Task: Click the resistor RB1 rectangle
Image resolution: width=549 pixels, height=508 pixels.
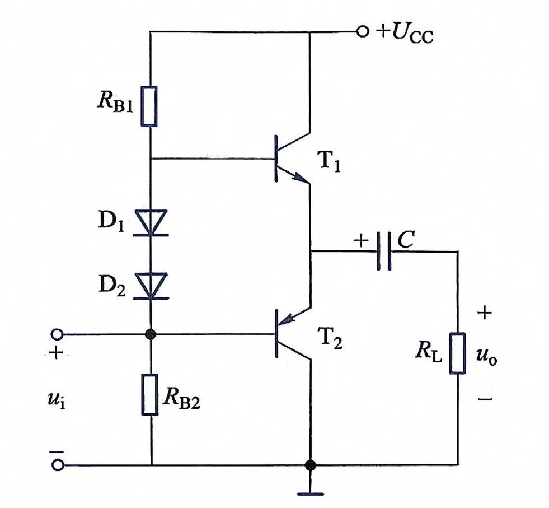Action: [149, 106]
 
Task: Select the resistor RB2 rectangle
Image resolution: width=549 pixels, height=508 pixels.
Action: [150, 395]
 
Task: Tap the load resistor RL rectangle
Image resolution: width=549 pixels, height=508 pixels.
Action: [458, 353]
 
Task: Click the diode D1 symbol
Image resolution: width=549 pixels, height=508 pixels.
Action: [151, 223]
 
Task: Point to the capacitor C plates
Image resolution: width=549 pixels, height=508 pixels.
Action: [384, 251]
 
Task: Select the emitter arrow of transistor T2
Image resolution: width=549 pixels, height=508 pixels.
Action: [289, 318]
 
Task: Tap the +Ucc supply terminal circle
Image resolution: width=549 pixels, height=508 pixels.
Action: [363, 32]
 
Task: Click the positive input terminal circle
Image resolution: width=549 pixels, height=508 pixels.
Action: [57, 334]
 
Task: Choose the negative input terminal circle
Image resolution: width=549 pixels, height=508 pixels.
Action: [58, 465]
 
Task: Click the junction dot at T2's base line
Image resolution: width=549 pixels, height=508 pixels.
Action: [151, 334]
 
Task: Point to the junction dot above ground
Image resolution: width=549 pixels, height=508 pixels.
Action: [310, 465]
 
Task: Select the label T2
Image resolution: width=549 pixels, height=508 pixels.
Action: [330, 338]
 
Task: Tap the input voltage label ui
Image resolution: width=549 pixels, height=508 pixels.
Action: [56, 399]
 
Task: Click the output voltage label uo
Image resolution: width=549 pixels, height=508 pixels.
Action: [487, 358]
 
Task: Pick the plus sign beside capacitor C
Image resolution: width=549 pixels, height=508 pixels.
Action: [361, 240]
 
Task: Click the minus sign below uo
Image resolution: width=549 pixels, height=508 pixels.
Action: [485, 399]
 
